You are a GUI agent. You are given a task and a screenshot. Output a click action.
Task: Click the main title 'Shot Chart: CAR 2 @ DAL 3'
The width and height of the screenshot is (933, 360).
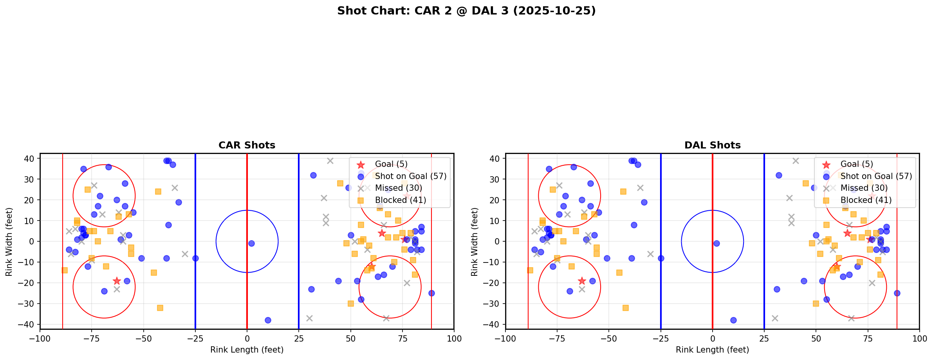click(466, 11)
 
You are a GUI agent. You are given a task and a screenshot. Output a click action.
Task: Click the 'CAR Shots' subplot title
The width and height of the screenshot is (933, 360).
click(247, 145)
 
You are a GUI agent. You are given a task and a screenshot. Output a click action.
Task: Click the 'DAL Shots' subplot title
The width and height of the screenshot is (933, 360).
click(712, 145)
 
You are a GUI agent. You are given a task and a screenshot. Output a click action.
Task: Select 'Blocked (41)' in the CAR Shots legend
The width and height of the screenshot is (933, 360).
click(400, 200)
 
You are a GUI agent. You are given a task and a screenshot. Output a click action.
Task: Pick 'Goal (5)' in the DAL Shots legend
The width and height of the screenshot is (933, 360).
click(857, 164)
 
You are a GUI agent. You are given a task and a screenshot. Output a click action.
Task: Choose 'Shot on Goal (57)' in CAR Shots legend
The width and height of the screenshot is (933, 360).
click(410, 176)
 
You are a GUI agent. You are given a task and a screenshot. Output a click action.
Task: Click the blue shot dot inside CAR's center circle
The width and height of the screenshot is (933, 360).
click(251, 243)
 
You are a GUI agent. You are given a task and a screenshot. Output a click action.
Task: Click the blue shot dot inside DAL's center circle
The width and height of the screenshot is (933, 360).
click(716, 243)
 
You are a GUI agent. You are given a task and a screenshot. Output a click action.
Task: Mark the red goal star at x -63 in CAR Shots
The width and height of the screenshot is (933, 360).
click(117, 281)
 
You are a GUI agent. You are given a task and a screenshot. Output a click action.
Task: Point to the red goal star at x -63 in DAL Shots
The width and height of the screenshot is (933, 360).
click(582, 281)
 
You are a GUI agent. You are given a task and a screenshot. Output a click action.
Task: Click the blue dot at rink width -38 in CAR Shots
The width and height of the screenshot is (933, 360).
click(268, 320)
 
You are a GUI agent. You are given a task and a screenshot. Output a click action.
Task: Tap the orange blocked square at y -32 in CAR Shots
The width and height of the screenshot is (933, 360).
click(160, 308)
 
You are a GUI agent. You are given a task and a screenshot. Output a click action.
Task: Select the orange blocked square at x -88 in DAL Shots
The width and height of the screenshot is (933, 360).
click(530, 270)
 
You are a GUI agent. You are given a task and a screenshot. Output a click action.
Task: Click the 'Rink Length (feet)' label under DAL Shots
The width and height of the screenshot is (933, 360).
click(712, 350)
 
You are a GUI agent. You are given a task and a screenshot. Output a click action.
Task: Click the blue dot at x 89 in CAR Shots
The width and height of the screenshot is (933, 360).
click(431, 293)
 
